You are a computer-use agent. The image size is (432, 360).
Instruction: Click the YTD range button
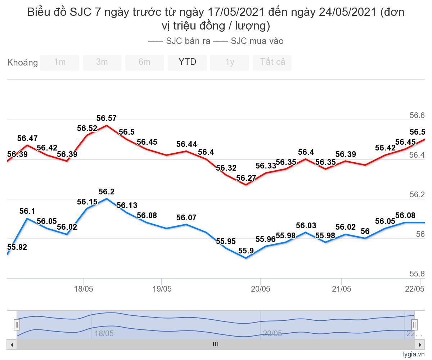pos(187,62)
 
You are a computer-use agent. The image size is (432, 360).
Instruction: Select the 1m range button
pos(60,62)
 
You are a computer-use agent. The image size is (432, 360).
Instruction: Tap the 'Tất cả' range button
pos(272,62)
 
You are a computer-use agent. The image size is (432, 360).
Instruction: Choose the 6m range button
pos(144,62)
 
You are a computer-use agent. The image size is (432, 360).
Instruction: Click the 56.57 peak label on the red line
pos(107,118)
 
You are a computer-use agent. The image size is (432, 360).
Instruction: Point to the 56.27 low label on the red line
pos(246,178)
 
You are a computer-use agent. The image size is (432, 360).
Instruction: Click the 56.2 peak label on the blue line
pos(107,192)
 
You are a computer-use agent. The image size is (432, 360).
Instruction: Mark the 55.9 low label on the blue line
pos(246,251)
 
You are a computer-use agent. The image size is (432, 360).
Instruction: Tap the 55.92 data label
pos(17,247)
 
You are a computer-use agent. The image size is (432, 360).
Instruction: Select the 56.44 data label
pos(186,144)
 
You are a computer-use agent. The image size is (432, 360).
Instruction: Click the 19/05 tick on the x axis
pos(162,289)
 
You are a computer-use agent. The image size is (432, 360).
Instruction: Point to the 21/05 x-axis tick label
pos(341,289)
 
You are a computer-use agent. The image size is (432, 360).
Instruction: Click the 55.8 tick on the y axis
pos(417,274)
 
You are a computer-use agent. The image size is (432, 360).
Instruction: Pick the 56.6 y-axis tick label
pos(417,116)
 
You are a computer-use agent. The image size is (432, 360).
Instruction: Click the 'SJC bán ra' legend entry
pos(180,41)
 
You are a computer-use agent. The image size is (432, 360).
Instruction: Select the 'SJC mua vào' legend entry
pos(249,41)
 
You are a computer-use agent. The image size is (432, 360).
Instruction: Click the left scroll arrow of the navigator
pos(12,345)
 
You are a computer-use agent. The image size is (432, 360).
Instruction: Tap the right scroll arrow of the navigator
pos(420,345)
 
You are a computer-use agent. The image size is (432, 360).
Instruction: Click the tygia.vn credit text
pos(414,354)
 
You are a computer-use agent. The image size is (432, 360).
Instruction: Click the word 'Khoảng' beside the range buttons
pos(22,63)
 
